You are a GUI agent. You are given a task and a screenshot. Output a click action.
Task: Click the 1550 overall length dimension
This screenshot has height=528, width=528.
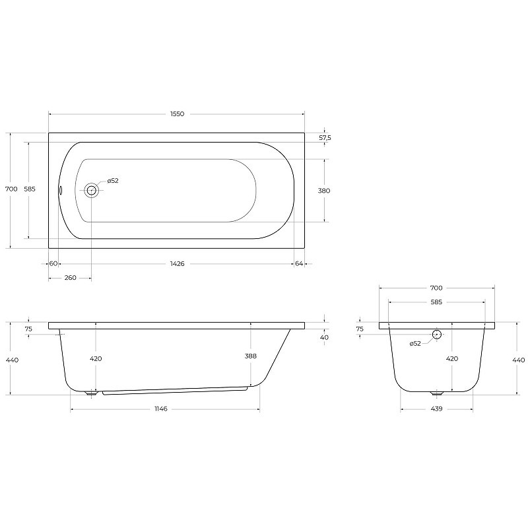click(x=177, y=114)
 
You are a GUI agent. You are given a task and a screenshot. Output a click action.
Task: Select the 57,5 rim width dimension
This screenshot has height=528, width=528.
click(x=325, y=138)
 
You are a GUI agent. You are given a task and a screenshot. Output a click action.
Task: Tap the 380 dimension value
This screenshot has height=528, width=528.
click(x=324, y=191)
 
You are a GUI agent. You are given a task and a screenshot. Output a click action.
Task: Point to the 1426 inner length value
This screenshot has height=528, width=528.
click(x=177, y=263)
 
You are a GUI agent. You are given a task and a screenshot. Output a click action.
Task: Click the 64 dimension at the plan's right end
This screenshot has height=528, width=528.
click(x=299, y=263)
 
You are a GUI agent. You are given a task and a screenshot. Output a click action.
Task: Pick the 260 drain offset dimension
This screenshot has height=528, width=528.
click(x=70, y=278)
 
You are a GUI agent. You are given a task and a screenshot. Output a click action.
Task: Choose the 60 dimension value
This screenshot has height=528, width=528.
click(x=53, y=263)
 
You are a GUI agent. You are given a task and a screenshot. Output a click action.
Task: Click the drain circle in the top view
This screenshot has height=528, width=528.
click(x=91, y=191)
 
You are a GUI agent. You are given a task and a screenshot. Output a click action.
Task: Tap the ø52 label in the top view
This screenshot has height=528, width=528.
click(x=113, y=181)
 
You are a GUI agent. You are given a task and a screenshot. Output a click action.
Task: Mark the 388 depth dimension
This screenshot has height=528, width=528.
click(x=251, y=356)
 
